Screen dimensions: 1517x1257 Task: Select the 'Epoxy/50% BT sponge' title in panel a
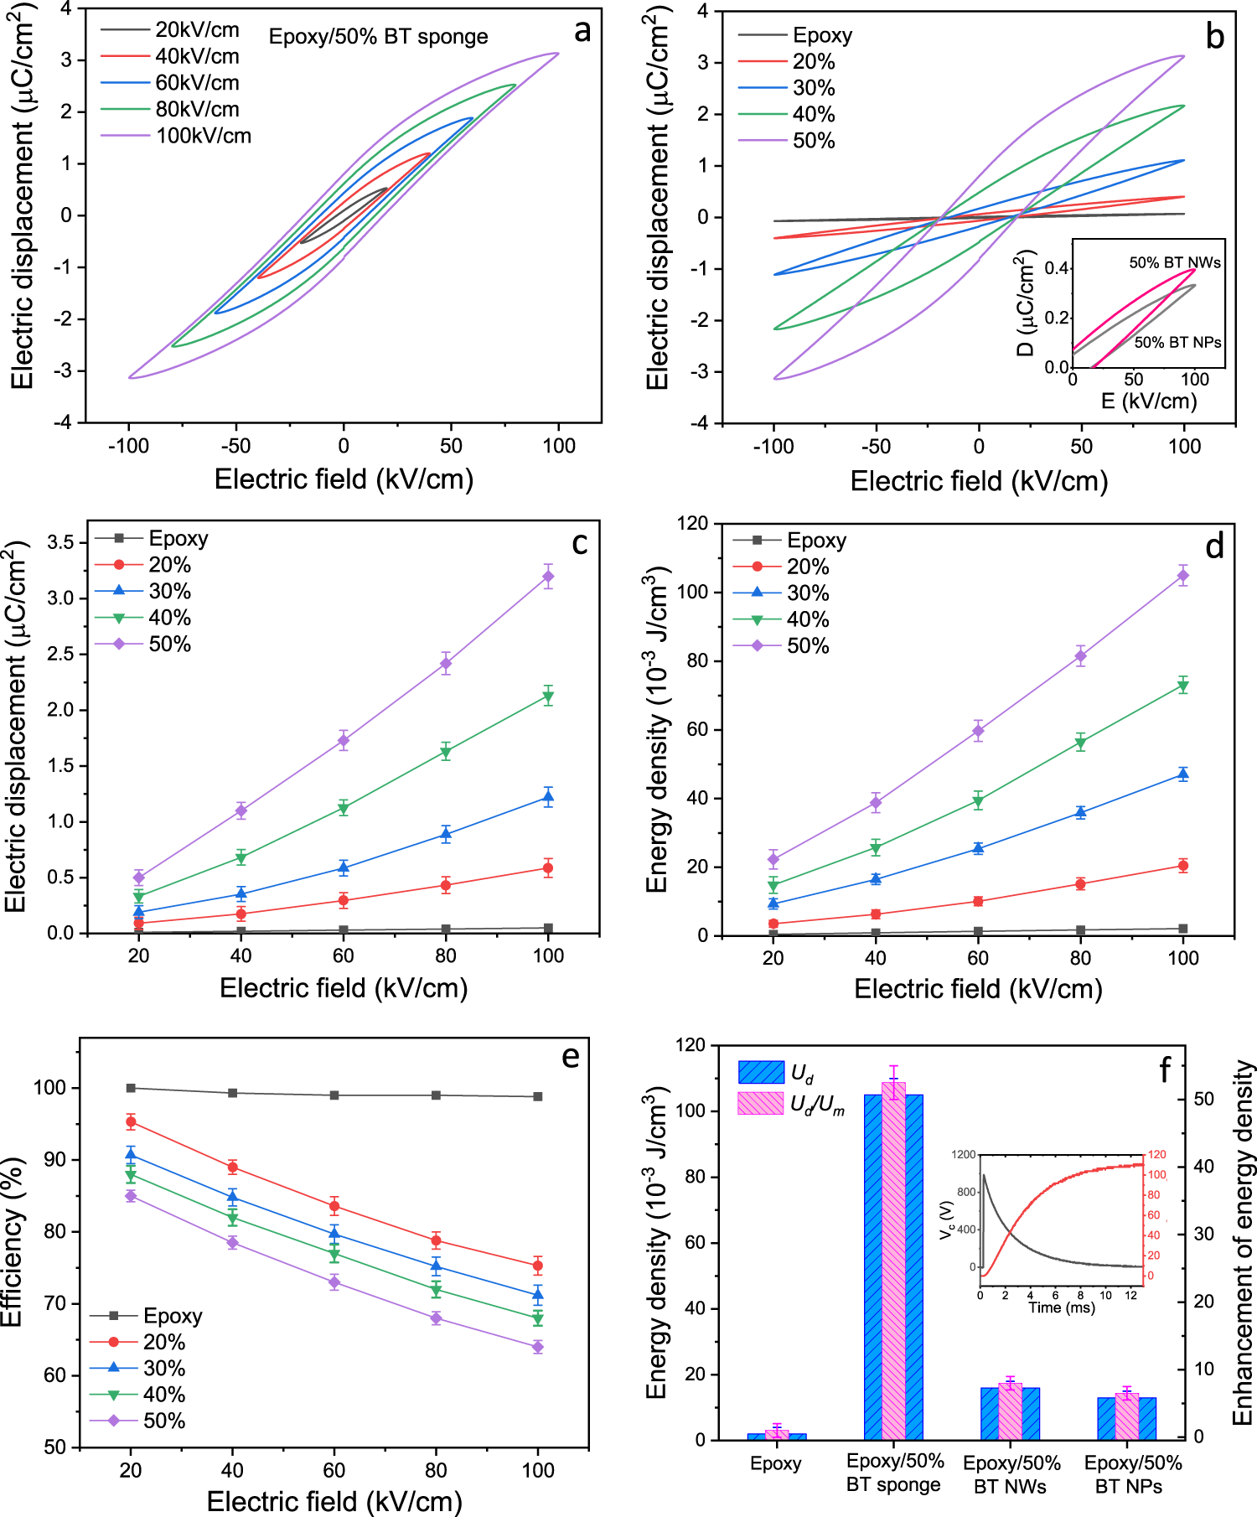click(378, 37)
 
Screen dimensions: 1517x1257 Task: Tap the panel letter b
click(1214, 37)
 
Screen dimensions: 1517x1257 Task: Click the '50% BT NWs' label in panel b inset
click(1174, 263)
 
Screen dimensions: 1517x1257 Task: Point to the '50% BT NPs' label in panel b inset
click(1177, 343)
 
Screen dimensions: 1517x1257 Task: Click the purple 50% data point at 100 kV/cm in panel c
click(548, 577)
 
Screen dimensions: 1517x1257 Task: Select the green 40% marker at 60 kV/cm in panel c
click(344, 808)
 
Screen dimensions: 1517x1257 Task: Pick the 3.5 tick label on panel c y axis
click(60, 542)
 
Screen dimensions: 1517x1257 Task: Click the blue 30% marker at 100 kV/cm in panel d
click(1183, 774)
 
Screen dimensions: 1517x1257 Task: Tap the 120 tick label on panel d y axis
click(694, 524)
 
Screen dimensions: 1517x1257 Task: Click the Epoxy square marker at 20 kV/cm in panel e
click(131, 1088)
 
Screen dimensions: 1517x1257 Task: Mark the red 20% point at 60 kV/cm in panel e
click(334, 1207)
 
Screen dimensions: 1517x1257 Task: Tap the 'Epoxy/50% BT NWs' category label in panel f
click(1011, 1474)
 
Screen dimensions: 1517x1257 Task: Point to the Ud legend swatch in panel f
click(761, 1073)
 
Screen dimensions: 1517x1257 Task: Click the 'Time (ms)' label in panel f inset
click(1062, 1307)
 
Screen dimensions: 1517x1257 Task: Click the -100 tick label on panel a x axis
click(129, 446)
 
